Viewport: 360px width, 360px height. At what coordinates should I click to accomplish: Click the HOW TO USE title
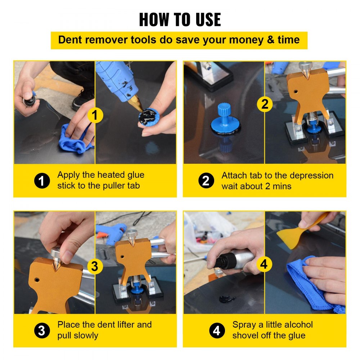tap(180, 19)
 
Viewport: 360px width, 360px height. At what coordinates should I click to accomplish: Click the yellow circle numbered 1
tap(95, 116)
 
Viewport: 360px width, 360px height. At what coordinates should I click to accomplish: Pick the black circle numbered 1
tap(42, 181)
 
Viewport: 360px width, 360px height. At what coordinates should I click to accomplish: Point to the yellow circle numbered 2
tap(265, 104)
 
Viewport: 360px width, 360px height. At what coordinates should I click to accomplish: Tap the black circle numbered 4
tap(217, 330)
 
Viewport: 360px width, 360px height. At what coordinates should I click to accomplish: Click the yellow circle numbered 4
tap(264, 265)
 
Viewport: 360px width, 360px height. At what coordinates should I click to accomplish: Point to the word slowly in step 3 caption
tap(86, 336)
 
